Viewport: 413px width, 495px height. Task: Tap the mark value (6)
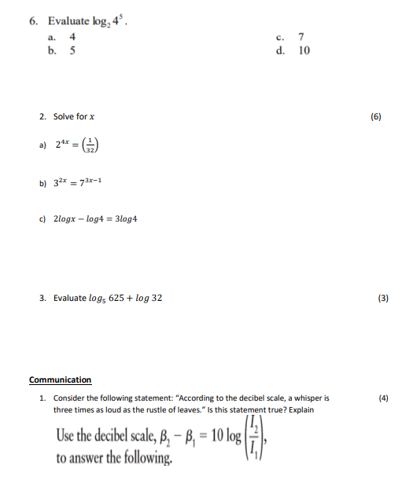pyautogui.click(x=375, y=116)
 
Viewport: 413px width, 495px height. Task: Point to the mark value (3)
pyautogui.click(x=382, y=299)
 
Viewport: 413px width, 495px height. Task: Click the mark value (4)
pyautogui.click(x=383, y=398)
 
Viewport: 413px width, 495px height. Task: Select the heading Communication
pyautogui.click(x=60, y=380)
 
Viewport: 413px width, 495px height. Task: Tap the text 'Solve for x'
pyautogui.click(x=74, y=116)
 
